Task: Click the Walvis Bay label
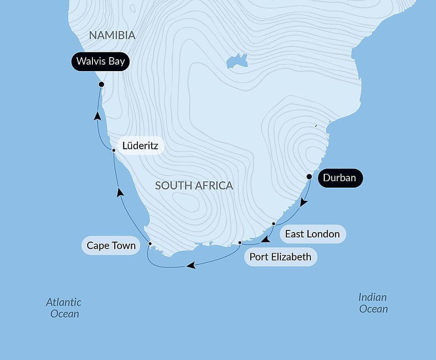click(x=100, y=61)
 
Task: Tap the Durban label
click(x=340, y=178)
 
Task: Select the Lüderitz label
click(x=140, y=146)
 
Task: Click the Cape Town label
click(x=111, y=246)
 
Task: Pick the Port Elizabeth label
click(x=280, y=257)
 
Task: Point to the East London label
click(x=312, y=234)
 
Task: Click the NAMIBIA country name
click(x=112, y=35)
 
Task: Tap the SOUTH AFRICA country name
click(x=194, y=185)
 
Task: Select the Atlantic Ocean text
click(x=64, y=307)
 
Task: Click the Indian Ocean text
click(x=373, y=303)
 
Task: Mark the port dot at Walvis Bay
click(x=101, y=84)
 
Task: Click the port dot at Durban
click(x=309, y=177)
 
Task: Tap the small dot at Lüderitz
click(x=113, y=150)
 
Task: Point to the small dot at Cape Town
click(x=150, y=243)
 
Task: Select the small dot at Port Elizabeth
click(x=240, y=243)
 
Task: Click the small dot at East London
click(x=273, y=224)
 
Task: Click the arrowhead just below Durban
click(x=303, y=203)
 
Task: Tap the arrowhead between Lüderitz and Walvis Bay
click(x=98, y=116)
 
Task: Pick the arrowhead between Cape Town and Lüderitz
click(x=120, y=192)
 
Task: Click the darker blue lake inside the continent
click(x=237, y=61)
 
